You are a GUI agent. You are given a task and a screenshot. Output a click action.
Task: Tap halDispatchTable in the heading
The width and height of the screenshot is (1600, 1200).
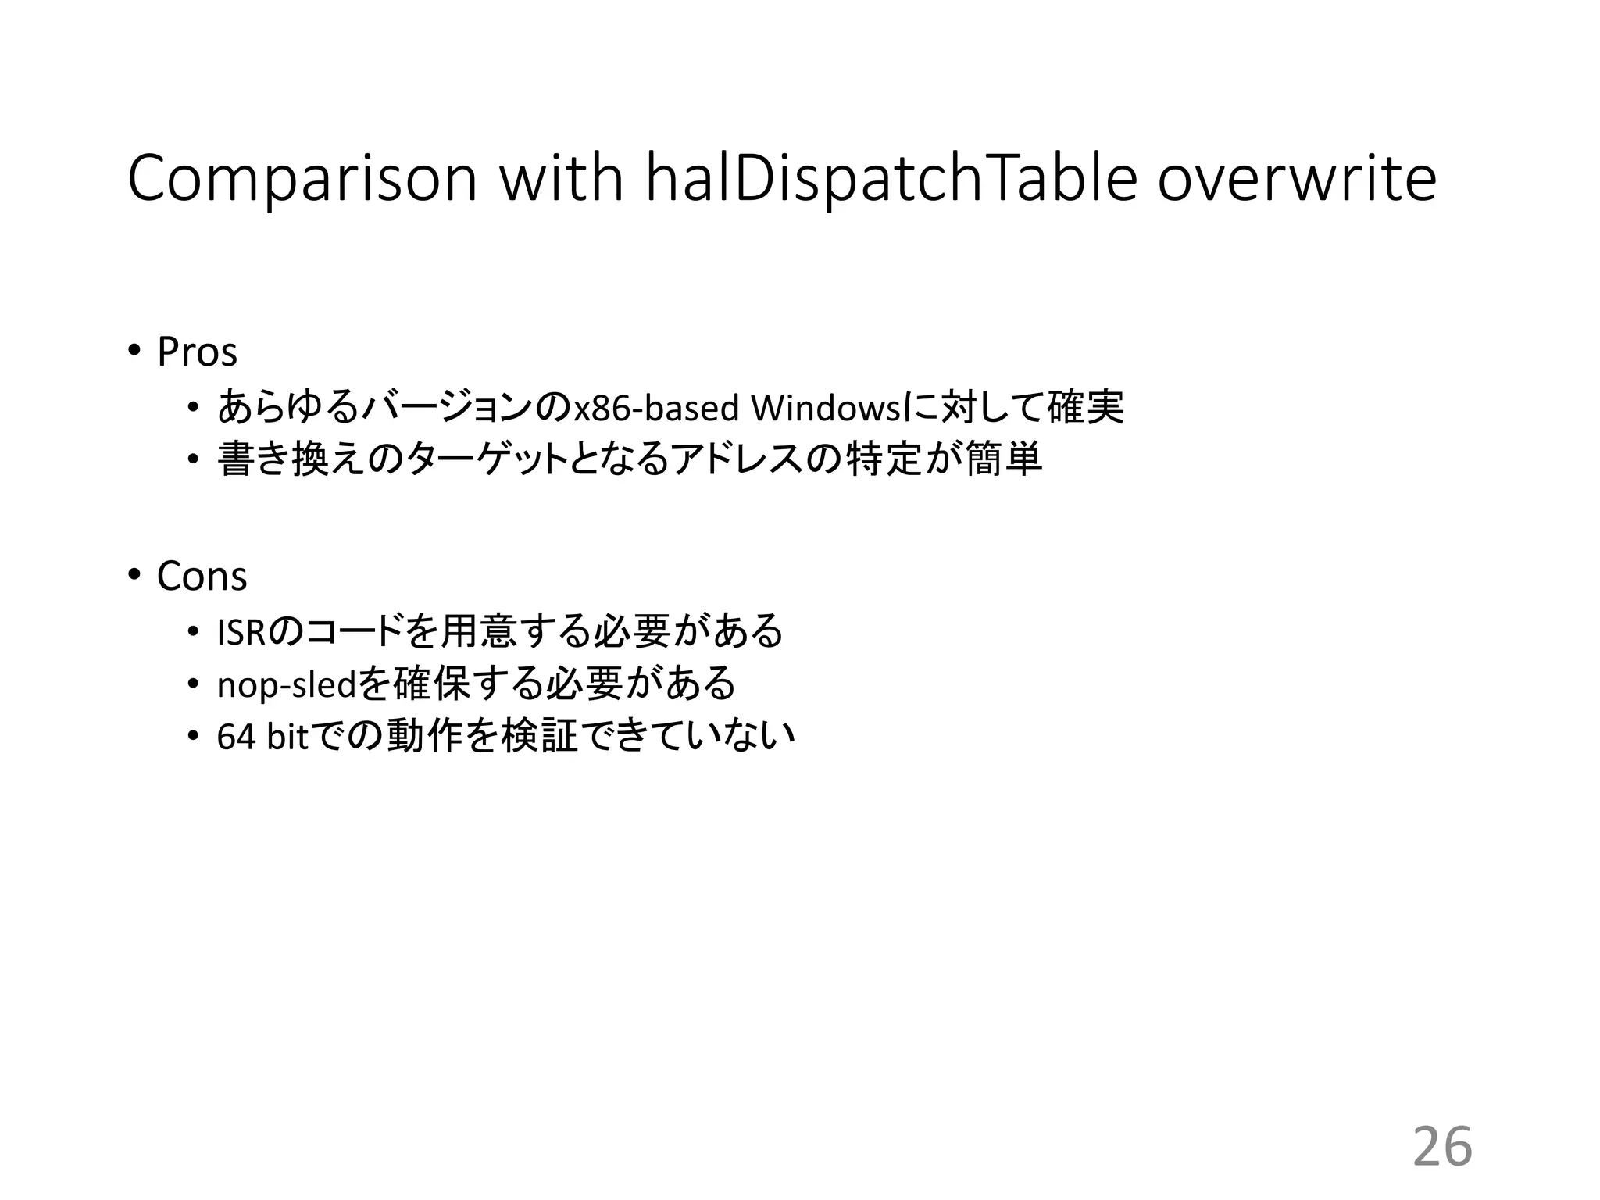click(891, 180)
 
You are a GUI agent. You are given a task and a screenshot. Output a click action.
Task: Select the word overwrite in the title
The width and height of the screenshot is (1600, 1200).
click(1296, 180)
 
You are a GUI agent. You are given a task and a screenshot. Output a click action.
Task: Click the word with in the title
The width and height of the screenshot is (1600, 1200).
click(560, 178)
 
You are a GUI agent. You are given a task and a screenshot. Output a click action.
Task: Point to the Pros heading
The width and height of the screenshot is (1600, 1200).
click(197, 352)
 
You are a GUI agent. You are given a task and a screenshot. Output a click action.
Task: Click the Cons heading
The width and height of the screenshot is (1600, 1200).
click(202, 577)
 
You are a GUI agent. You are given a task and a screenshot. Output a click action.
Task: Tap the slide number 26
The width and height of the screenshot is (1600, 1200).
click(1442, 1147)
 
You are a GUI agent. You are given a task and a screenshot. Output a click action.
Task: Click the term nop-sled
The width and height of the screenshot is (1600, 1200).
click(286, 686)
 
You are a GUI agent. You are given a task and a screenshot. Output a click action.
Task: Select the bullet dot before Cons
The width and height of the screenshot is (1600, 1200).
click(134, 576)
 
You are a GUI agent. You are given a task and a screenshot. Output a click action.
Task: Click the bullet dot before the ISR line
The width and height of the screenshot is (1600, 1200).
click(193, 632)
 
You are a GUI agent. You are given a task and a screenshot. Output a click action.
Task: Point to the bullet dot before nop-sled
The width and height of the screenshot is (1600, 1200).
click(193, 685)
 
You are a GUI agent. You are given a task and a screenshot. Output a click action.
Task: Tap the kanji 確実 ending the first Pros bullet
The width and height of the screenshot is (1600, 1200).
click(1085, 407)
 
